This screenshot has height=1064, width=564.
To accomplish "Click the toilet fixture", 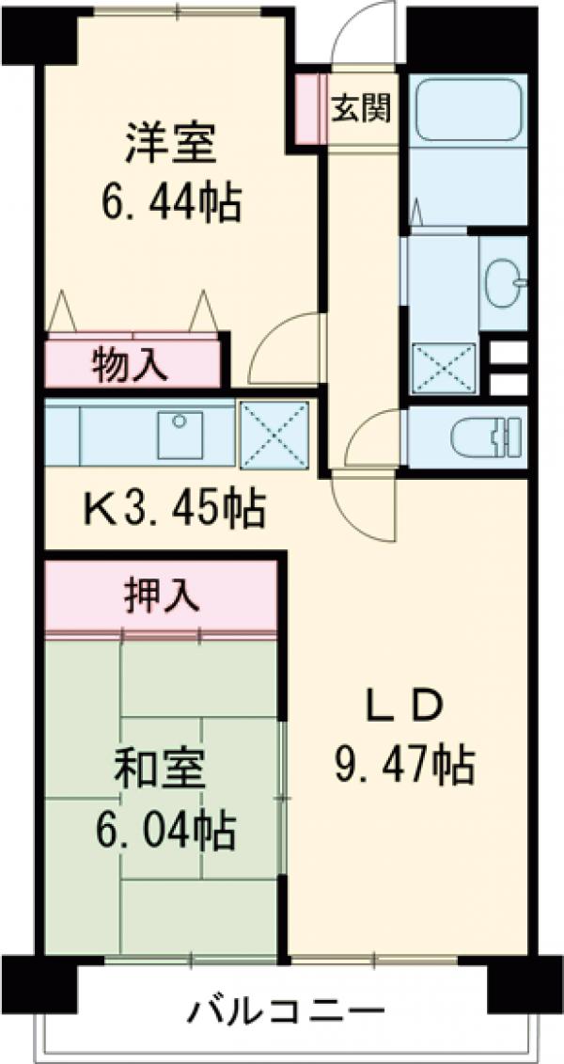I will tap(484, 437).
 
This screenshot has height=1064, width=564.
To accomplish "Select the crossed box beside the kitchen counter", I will tap(274, 434).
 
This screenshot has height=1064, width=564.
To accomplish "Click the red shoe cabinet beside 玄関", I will tap(308, 106).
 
